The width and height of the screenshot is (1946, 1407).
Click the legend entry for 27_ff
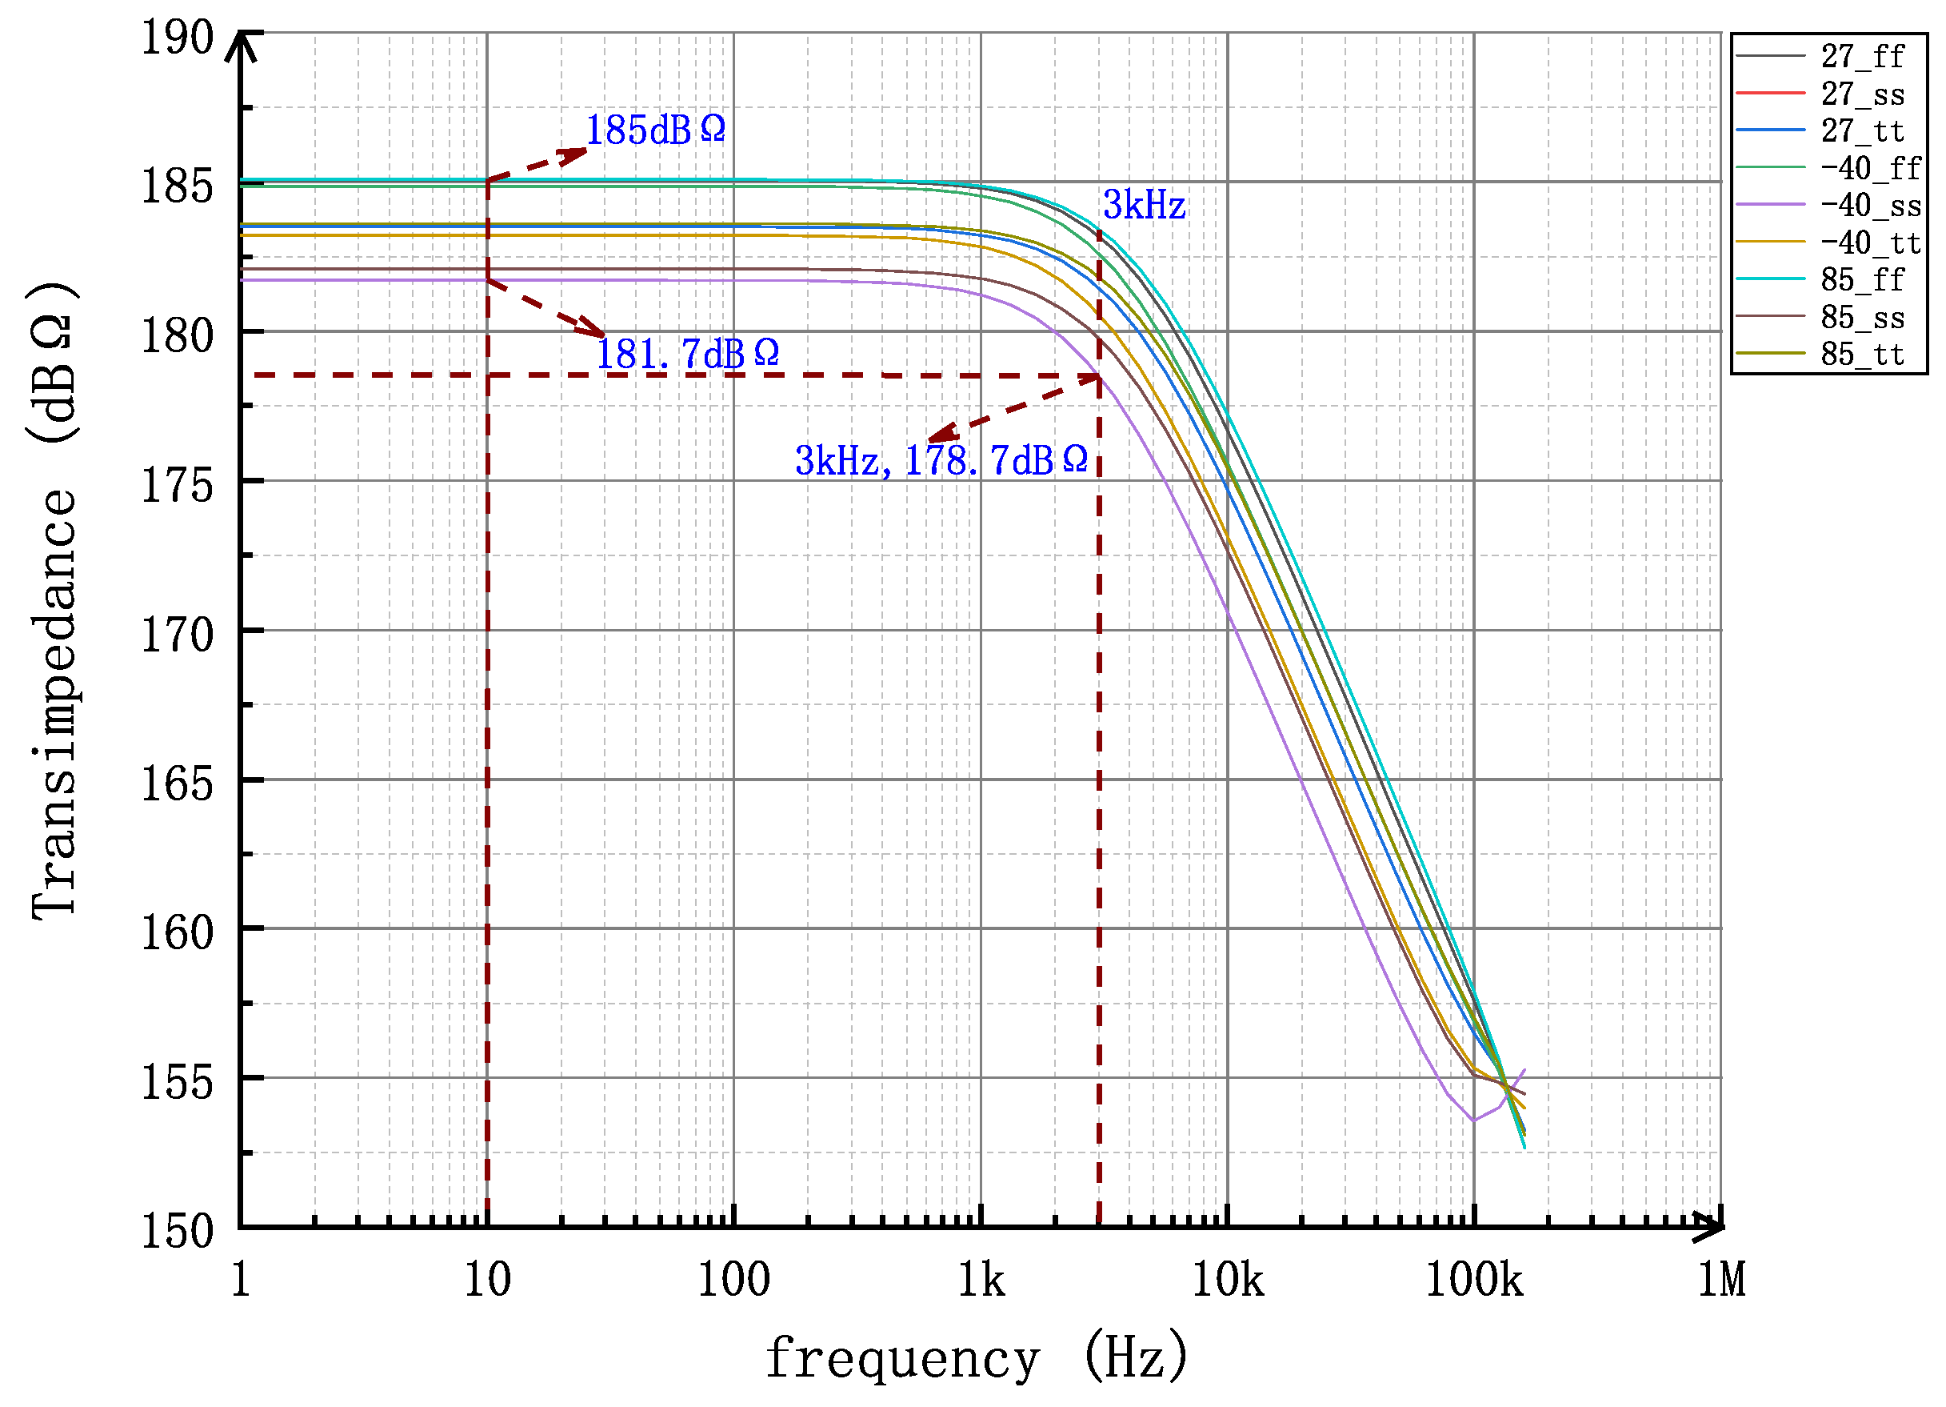tap(1862, 57)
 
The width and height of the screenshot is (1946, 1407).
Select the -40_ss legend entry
tap(1871, 206)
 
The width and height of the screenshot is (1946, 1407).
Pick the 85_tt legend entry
tap(1862, 355)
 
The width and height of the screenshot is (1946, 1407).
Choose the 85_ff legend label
tap(1862, 280)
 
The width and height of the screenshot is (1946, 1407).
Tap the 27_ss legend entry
tap(1862, 94)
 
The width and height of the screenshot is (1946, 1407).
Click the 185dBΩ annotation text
tap(656, 130)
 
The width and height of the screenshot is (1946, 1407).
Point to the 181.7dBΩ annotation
tap(687, 354)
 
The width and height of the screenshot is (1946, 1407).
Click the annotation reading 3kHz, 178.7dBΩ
tap(941, 461)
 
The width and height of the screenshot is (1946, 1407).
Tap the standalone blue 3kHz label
tap(1144, 205)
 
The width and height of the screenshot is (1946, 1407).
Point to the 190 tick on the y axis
tap(178, 38)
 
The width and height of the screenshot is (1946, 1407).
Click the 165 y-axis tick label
tap(178, 784)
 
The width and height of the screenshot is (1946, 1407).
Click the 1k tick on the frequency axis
tap(981, 1281)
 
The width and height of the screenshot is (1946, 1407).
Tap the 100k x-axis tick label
tap(1474, 1281)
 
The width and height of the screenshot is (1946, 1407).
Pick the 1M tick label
tap(1721, 1281)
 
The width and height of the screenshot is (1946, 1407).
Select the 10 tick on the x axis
tap(487, 1281)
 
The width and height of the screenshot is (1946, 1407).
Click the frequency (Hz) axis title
tap(977, 1359)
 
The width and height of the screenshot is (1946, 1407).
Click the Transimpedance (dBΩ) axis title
tap(54, 601)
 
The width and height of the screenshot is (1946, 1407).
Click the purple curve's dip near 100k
tap(1474, 1120)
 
